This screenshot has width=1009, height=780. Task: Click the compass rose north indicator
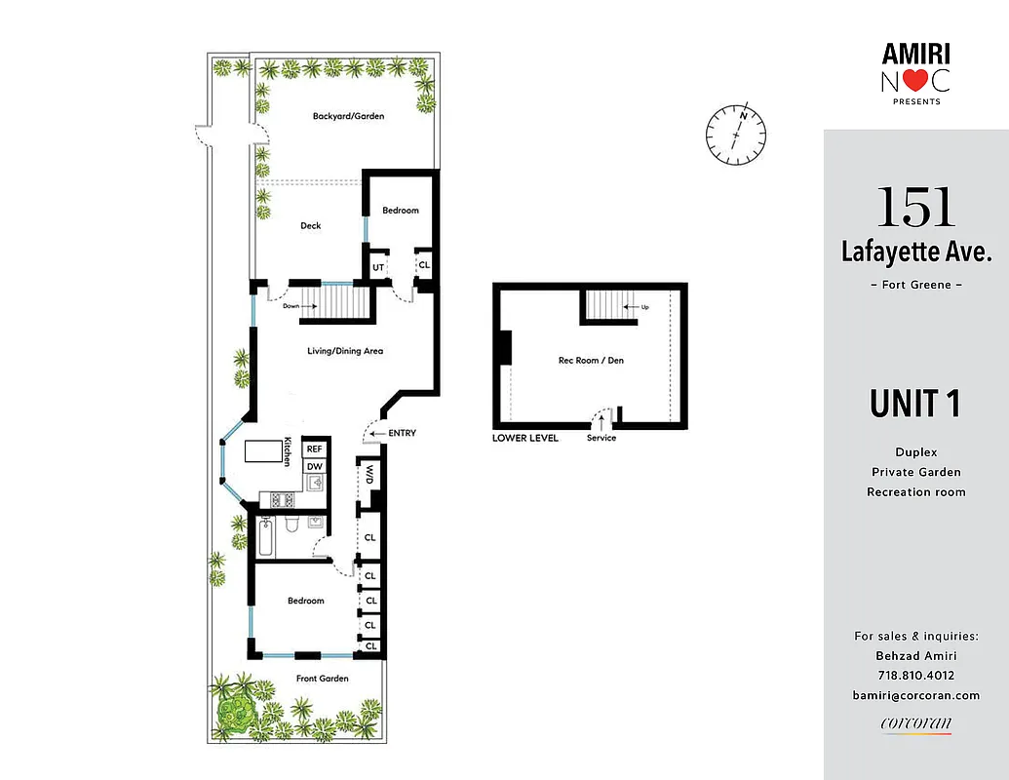point(736,135)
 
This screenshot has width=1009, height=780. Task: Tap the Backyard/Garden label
point(348,116)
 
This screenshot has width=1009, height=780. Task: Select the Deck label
point(310,226)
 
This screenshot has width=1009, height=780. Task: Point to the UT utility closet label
point(376,264)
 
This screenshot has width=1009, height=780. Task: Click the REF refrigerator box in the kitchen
point(314,448)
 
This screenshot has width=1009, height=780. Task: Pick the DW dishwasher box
point(314,467)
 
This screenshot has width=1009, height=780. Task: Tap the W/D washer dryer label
point(370,475)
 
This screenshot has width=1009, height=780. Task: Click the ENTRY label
point(402,433)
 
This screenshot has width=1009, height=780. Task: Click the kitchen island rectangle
point(262,451)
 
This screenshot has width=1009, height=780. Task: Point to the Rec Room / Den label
point(590,361)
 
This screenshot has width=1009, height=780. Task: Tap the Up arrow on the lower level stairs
point(640,307)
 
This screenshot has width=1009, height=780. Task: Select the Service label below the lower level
point(602,438)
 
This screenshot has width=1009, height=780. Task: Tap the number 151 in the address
point(916,207)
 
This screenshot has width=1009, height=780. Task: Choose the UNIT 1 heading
point(915,404)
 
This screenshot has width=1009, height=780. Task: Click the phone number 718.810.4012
point(915,676)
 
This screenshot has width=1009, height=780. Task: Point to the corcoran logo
point(915,723)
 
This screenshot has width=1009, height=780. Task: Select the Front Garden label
point(323,679)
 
